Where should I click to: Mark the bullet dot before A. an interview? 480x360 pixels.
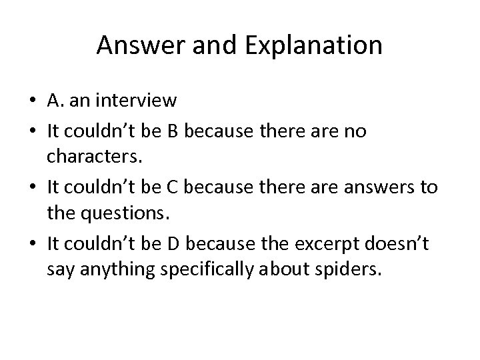click(x=33, y=102)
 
